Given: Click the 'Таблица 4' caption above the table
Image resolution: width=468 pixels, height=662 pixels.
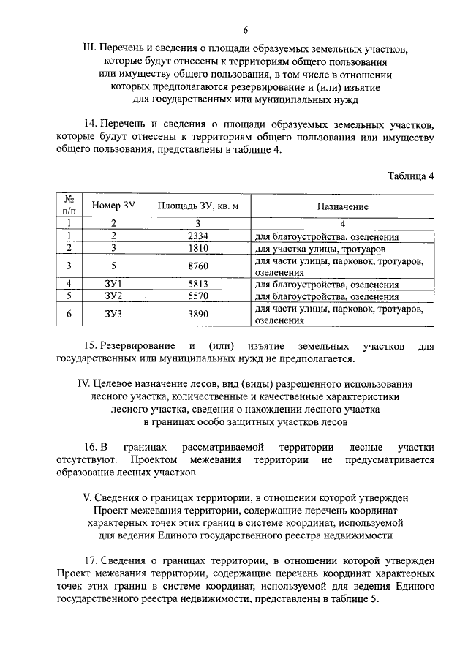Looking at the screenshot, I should coord(410,176).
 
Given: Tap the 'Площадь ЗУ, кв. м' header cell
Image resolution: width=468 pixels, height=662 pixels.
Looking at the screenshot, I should coord(198,206).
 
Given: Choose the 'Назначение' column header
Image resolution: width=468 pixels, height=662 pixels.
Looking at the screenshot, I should coord(342,206).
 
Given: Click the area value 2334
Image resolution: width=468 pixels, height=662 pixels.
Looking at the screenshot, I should coord(198,236).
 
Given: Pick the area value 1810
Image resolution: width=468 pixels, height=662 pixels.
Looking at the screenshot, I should coord(198,249).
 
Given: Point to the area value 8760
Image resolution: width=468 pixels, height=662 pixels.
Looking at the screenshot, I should coord(198,266).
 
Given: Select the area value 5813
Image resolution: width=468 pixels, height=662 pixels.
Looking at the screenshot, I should coord(198,285).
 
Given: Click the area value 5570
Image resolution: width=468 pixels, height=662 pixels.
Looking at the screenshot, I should coord(198,297).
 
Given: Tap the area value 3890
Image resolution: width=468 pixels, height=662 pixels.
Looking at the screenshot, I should coord(198,314).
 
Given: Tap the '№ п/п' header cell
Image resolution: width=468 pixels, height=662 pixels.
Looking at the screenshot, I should coord(69,206).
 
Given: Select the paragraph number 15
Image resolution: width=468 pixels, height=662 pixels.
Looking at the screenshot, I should coord(96,345).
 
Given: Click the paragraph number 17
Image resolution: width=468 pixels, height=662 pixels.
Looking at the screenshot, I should coord(96,561).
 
